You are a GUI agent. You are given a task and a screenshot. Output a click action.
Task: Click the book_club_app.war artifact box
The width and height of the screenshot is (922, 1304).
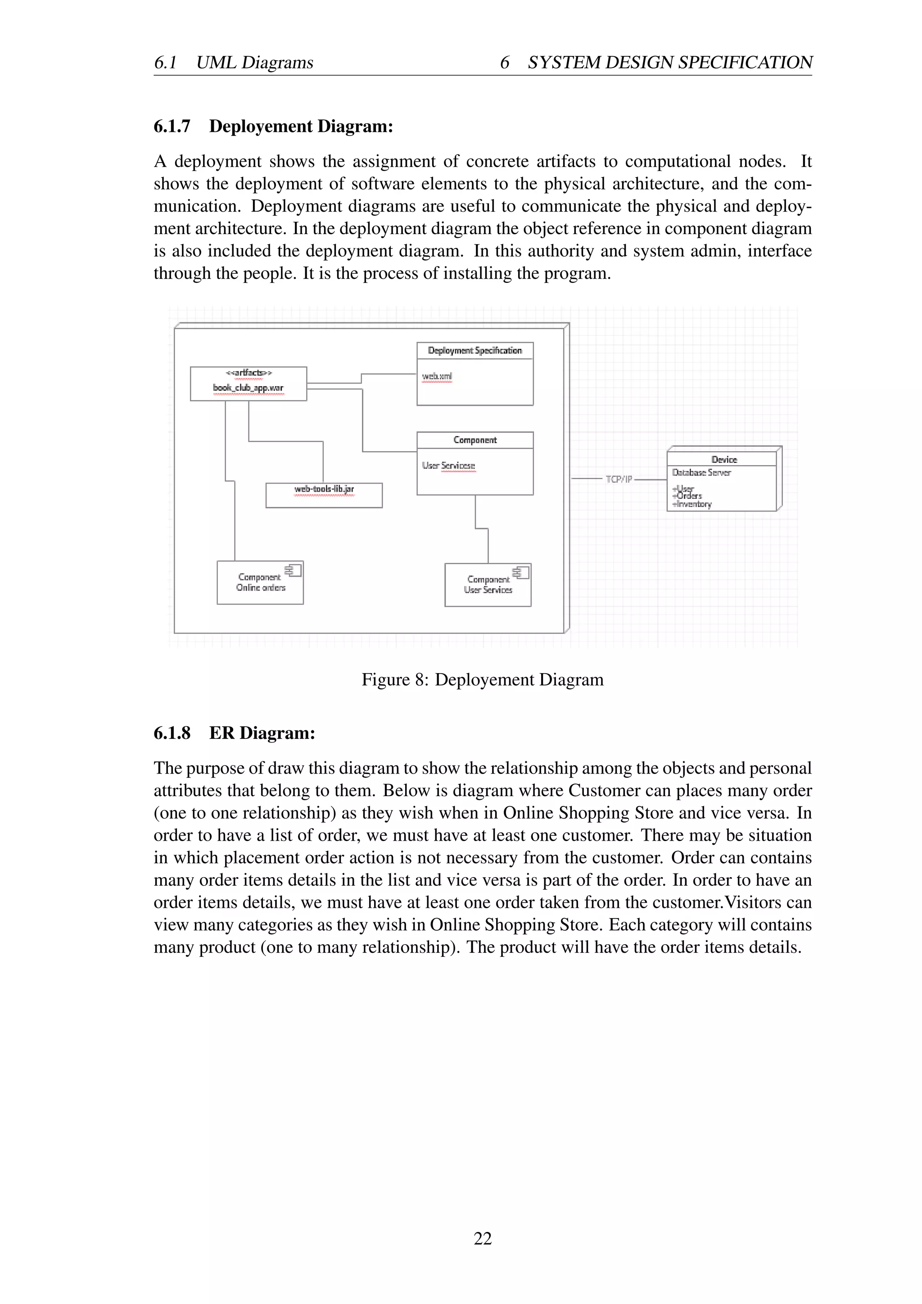pyautogui.click(x=248, y=384)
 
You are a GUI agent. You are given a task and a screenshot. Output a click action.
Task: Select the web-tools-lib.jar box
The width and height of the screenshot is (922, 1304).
pyautogui.click(x=324, y=495)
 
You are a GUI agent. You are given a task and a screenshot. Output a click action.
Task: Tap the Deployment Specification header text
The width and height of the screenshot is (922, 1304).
pyautogui.click(x=475, y=350)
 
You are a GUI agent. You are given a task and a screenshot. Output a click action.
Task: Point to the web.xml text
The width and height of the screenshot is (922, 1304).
pyautogui.click(x=437, y=376)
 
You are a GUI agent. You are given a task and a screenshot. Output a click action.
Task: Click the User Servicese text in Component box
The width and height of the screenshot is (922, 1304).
pyautogui.click(x=448, y=465)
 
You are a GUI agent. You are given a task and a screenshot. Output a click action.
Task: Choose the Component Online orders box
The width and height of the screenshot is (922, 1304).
pyautogui.click(x=260, y=583)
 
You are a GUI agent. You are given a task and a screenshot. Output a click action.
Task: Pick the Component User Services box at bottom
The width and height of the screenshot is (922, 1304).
pyautogui.click(x=488, y=585)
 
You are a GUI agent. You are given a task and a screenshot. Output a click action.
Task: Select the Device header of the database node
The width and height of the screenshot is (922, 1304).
pyautogui.click(x=724, y=459)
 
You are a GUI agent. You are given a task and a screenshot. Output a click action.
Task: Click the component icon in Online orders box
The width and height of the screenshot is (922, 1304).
pyautogui.click(x=293, y=569)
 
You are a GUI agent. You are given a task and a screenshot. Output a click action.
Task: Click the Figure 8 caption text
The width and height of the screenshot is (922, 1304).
pyautogui.click(x=482, y=680)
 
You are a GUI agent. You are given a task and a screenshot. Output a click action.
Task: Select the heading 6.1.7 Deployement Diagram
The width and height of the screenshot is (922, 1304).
pyautogui.click(x=273, y=126)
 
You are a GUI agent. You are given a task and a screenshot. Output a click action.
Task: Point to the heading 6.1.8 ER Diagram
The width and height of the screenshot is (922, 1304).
pyautogui.click(x=234, y=733)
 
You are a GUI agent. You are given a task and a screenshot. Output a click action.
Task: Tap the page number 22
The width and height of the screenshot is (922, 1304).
pyautogui.click(x=483, y=1238)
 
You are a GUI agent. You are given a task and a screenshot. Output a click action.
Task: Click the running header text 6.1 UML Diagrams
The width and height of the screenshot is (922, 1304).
pyautogui.click(x=233, y=63)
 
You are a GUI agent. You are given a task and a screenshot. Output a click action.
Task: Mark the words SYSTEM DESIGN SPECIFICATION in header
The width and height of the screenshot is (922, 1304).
pyautogui.click(x=670, y=63)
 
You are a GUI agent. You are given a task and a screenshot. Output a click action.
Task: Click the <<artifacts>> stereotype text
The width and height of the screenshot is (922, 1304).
pyautogui.click(x=249, y=372)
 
